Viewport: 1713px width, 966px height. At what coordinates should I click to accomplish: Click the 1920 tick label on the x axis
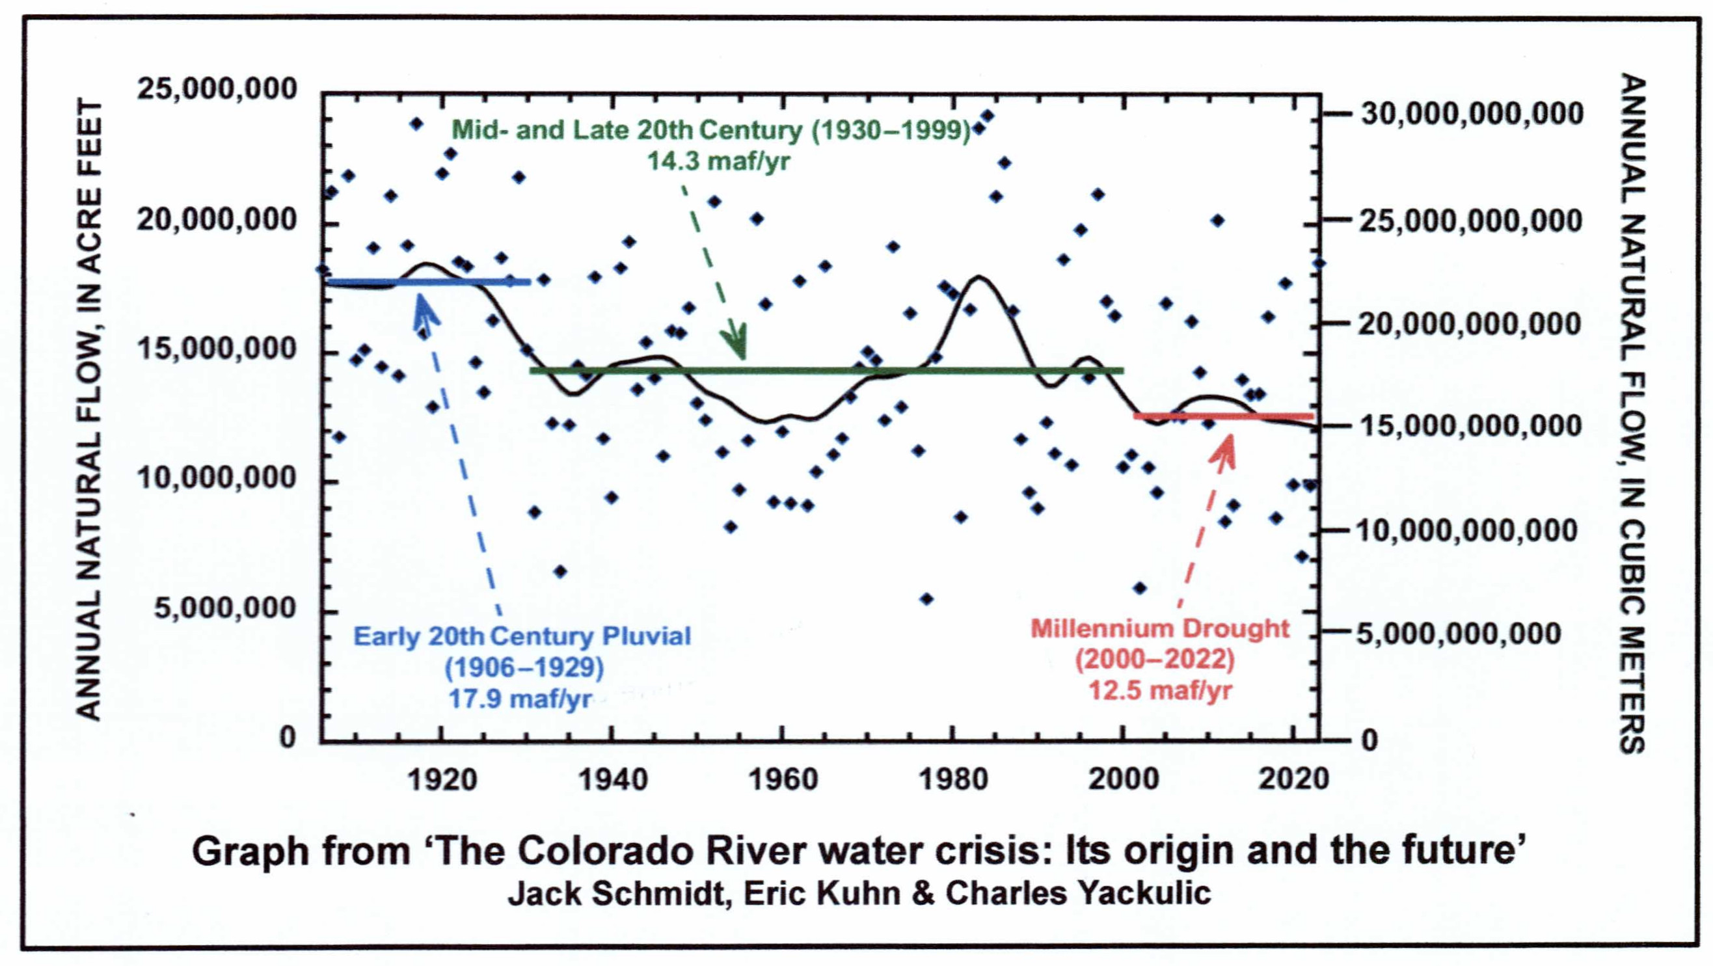442,779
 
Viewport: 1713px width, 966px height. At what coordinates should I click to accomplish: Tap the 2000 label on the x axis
1123,779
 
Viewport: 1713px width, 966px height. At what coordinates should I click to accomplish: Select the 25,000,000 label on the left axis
217,89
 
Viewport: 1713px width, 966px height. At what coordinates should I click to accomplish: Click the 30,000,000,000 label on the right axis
1472,114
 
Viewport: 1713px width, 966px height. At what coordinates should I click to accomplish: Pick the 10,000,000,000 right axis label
1466,531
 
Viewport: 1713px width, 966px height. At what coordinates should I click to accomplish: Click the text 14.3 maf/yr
719,161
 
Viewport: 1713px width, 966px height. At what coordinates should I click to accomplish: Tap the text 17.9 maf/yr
520,699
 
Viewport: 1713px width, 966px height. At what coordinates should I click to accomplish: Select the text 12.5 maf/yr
1160,690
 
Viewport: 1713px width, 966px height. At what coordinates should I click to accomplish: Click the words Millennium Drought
1160,628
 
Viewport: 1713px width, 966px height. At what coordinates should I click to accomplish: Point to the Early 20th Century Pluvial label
522,636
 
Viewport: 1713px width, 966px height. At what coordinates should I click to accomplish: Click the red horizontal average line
1224,416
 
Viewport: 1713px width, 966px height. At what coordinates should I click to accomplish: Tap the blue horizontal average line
429,282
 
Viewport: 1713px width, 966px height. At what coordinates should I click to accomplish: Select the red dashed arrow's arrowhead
1225,447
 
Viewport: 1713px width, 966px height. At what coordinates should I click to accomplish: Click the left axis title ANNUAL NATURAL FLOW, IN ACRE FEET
90,409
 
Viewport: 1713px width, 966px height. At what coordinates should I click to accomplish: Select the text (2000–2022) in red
1155,660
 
